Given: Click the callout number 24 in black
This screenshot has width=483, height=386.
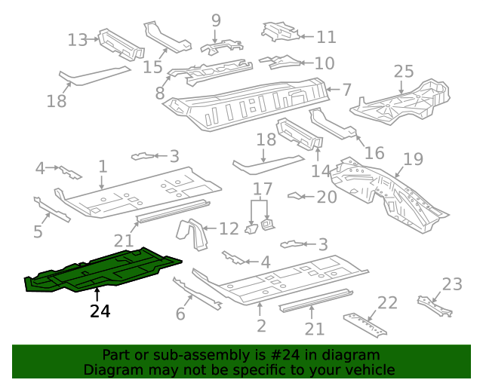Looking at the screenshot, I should (x=100, y=310).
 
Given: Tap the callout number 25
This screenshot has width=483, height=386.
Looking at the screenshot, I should (x=404, y=72).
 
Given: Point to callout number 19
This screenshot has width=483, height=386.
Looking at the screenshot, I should (x=414, y=160).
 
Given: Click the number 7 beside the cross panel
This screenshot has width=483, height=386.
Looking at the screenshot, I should (x=346, y=90).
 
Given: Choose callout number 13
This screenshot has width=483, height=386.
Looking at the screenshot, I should (x=78, y=40).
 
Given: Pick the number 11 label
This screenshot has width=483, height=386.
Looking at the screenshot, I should (x=326, y=36).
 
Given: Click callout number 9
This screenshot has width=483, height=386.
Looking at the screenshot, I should (x=216, y=20).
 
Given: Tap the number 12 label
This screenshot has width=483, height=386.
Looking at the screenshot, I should (x=229, y=227).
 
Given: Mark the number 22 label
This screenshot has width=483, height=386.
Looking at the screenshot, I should (x=387, y=303).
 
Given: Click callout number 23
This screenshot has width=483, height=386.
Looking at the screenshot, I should (x=452, y=284).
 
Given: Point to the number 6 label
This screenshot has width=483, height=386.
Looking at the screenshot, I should (x=180, y=314).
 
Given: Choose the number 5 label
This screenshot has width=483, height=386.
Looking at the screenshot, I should (x=38, y=231).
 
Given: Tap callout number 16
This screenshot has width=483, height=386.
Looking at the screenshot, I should (x=374, y=153).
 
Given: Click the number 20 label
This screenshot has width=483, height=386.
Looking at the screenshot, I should (x=327, y=198).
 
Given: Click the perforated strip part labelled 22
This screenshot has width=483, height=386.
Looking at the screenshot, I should (x=368, y=325).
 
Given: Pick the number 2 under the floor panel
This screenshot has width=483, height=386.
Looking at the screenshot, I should (x=261, y=326).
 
